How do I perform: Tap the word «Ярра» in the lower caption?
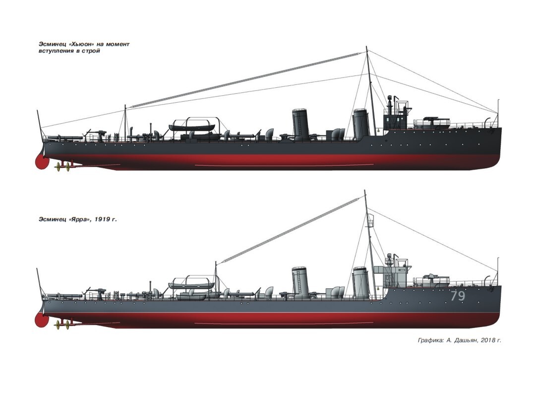pyautogui.click(x=78, y=219)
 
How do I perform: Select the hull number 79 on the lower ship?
pyautogui.click(x=458, y=296)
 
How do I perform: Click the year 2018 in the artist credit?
pyautogui.click(x=488, y=340)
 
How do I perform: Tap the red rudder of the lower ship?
pyautogui.click(x=41, y=320)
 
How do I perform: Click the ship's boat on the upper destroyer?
pyautogui.click(x=192, y=128)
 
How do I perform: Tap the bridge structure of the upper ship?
pyautogui.click(x=396, y=118)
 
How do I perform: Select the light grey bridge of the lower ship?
pyautogui.click(x=392, y=274)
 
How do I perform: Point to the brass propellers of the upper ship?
pyautogui.click(x=62, y=167)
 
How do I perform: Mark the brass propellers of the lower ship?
pyautogui.click(x=62, y=325)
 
